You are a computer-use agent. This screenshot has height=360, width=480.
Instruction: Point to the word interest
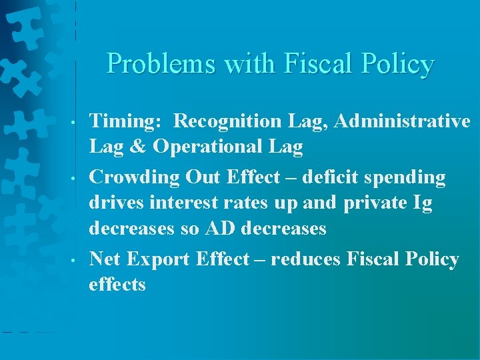click(186, 203)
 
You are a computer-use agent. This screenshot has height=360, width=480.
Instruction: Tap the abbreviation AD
click(219, 229)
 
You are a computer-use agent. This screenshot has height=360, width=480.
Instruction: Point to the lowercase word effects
click(117, 284)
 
